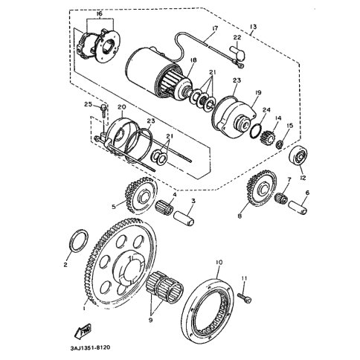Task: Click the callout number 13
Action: [254, 27]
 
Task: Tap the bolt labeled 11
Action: [245, 298]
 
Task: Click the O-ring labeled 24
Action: [256, 131]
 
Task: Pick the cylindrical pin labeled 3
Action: [184, 218]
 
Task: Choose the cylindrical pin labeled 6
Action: [298, 208]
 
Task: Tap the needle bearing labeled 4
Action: [165, 207]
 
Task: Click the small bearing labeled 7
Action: [280, 198]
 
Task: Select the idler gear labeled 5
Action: [141, 196]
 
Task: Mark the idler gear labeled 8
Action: [261, 188]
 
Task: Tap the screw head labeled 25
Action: [103, 108]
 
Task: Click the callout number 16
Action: [99, 14]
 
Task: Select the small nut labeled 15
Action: [280, 144]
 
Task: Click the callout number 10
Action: [219, 262]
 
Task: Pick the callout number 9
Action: [150, 320]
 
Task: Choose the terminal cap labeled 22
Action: [239, 55]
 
